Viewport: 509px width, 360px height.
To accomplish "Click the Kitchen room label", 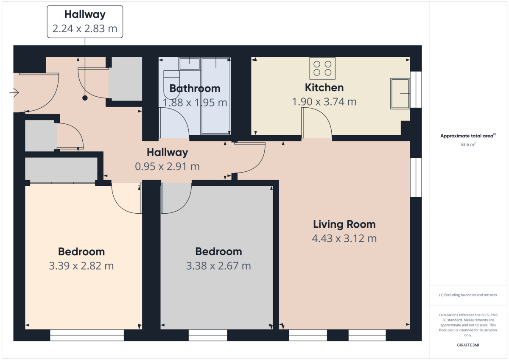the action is [x=324, y=88].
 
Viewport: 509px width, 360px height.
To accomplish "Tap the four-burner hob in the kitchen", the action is [x=322, y=68].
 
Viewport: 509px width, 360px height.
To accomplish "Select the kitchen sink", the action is [x=400, y=94].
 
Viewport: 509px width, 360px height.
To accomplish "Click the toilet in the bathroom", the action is [x=171, y=84].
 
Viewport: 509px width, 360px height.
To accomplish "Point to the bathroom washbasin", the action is [x=190, y=64].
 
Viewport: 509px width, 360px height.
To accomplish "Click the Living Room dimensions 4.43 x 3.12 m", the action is [x=344, y=238].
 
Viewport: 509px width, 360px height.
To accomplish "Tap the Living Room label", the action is [x=344, y=224].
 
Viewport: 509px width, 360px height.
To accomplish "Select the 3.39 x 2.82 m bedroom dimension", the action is [x=81, y=266].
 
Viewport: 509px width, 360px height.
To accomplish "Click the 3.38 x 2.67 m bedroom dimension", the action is [x=218, y=266].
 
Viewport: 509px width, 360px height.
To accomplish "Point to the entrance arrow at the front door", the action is [x=14, y=93].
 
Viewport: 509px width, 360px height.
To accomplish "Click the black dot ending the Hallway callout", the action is [x=85, y=98].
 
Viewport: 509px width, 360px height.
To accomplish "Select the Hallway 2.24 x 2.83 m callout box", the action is [x=85, y=22].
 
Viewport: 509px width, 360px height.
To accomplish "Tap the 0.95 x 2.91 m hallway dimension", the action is [x=167, y=167].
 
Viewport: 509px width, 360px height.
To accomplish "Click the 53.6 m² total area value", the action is [x=468, y=145].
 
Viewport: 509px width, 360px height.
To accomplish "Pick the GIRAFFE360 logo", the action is [x=468, y=345].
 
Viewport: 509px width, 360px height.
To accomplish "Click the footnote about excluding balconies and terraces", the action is [x=468, y=295].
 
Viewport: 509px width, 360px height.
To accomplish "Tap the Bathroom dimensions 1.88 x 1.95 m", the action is [x=195, y=103].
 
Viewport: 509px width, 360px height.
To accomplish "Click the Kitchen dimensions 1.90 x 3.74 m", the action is [x=324, y=102].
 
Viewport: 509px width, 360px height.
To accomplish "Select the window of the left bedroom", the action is [x=87, y=335].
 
